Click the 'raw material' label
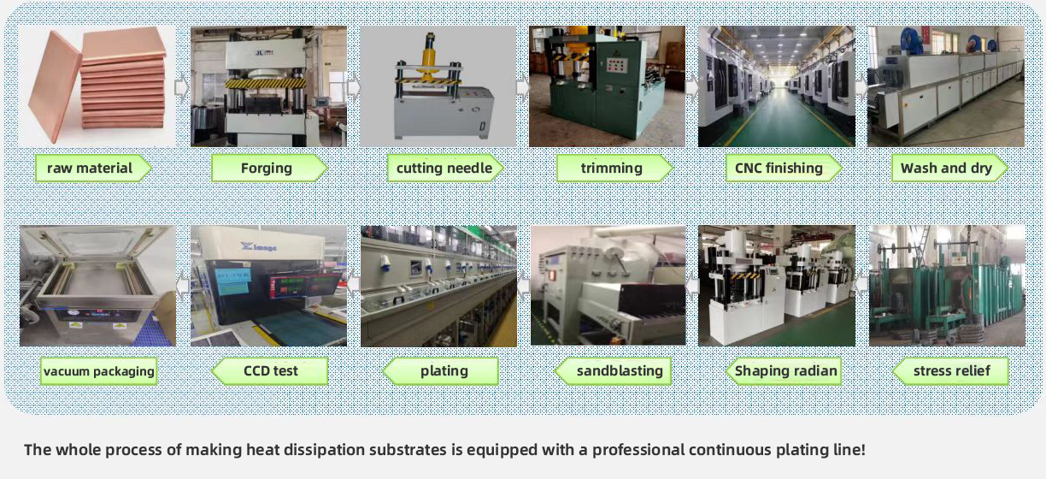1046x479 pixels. (x=90, y=169)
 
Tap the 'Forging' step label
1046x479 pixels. (x=266, y=169)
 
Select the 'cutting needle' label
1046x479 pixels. (x=444, y=169)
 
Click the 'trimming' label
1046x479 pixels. (x=611, y=169)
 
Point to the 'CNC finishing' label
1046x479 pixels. (x=779, y=169)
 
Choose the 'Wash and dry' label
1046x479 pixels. (x=946, y=169)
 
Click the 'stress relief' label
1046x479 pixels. (x=952, y=371)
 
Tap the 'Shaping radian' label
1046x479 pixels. (x=786, y=371)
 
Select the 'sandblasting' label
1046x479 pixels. (x=620, y=371)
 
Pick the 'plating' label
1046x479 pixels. (x=444, y=371)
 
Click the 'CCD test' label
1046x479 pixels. (x=270, y=371)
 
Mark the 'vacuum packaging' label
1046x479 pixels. (x=98, y=371)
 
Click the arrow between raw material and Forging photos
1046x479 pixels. (x=182, y=87)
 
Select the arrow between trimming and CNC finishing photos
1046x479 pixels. (x=691, y=87)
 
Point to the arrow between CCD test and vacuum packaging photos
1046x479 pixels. (x=183, y=285)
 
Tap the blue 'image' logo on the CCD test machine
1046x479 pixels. (x=258, y=246)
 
